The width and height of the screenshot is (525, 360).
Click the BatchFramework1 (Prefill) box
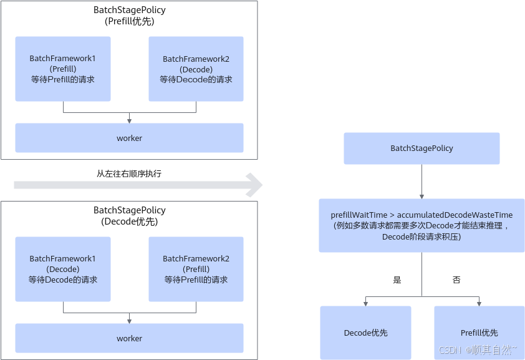pyautogui.click(x=63, y=69)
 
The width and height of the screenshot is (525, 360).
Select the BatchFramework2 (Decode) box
pyautogui.click(x=196, y=69)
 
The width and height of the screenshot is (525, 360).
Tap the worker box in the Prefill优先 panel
pyautogui.click(x=129, y=138)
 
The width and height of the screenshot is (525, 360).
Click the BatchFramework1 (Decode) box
pyautogui.click(x=63, y=269)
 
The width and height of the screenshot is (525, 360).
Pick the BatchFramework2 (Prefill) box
pyautogui.click(x=196, y=269)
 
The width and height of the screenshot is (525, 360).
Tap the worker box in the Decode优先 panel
pyautogui.click(x=129, y=338)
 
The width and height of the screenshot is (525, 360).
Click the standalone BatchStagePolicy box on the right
pyautogui.click(x=421, y=148)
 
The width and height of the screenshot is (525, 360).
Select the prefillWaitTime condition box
pyautogui.click(x=421, y=226)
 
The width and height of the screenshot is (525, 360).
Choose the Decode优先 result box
pyautogui.click(x=366, y=333)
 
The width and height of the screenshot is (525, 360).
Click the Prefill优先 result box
pyautogui.click(x=479, y=333)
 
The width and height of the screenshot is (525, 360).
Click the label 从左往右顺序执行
pyautogui.click(x=129, y=173)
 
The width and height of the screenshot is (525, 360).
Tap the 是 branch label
pyautogui.click(x=397, y=280)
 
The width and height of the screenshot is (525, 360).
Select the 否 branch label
pyautogui.click(x=456, y=280)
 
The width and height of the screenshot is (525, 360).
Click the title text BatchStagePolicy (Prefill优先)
pyautogui.click(x=128, y=16)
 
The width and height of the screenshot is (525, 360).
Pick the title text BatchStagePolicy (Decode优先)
pyautogui.click(x=129, y=216)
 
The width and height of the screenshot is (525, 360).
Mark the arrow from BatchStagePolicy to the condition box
pyautogui.click(x=421, y=182)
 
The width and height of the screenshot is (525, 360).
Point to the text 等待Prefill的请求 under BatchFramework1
pyautogui.click(x=63, y=80)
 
